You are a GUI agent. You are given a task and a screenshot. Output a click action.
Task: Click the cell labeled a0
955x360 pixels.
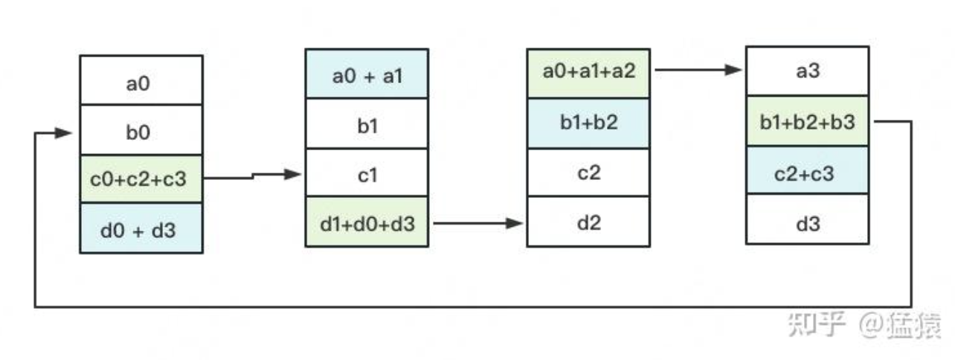coord(141,80)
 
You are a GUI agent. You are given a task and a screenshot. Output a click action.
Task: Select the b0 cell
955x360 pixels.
coord(141,130)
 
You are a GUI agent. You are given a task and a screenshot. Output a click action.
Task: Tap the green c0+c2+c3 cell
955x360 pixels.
coord(141,179)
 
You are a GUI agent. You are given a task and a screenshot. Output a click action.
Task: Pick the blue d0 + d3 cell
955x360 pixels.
coord(141,228)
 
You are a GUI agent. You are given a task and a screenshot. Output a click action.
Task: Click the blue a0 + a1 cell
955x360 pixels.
coord(367,74)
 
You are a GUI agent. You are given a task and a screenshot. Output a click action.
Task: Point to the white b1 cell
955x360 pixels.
coord(367,123)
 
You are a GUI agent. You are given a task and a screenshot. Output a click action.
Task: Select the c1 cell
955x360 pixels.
coord(367,173)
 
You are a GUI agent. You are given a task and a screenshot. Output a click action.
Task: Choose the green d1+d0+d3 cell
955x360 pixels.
coord(367,222)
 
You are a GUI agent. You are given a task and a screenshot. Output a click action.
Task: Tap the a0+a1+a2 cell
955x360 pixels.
coord(588,74)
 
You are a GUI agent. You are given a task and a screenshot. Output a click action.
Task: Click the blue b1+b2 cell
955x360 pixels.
coord(588,123)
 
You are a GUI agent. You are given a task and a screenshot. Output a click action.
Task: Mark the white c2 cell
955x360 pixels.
coord(588,173)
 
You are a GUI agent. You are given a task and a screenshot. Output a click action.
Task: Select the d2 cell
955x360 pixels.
coord(588,222)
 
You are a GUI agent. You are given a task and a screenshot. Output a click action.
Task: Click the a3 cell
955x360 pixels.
coord(808,71)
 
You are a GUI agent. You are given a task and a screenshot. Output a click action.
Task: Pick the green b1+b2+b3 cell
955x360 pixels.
coord(808,121)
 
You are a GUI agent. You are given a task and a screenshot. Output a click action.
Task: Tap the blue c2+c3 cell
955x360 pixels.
coord(808,170)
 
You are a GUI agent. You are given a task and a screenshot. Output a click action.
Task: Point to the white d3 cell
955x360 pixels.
coord(808,219)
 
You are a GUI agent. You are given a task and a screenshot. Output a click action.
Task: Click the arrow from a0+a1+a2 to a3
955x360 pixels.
coord(698,69)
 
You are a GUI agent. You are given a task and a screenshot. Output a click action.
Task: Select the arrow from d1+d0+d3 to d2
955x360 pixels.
coord(478,222)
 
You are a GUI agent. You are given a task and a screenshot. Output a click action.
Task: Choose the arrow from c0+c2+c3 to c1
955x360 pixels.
coord(253,176)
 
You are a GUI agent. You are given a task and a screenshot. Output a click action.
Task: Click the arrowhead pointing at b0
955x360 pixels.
coord(63,133)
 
